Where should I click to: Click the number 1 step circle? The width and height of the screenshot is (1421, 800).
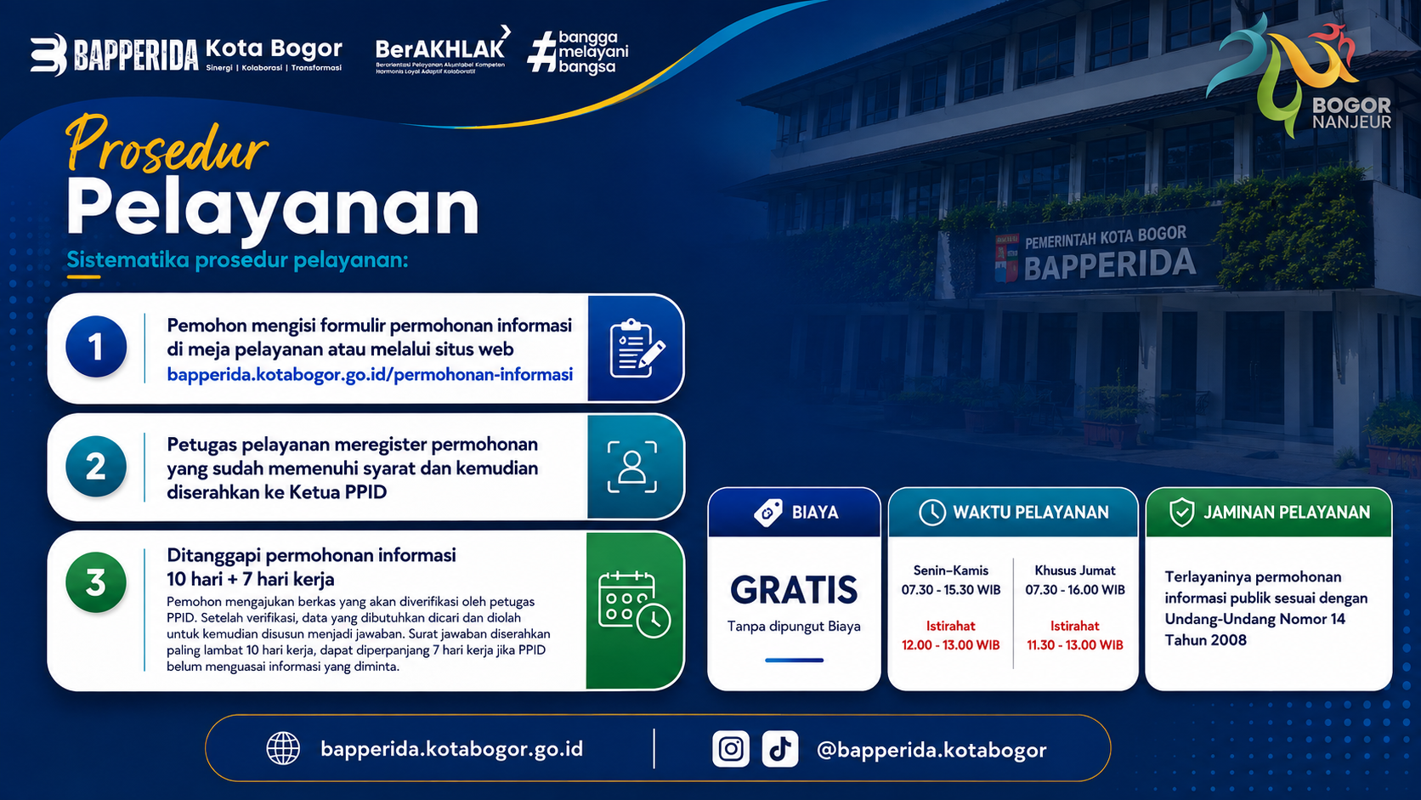click(x=96, y=346)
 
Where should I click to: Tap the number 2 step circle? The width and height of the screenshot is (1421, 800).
click(x=96, y=466)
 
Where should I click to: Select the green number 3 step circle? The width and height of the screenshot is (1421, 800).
click(x=96, y=582)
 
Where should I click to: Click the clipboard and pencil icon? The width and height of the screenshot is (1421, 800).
click(x=637, y=349)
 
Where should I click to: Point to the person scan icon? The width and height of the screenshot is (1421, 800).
click(x=632, y=467)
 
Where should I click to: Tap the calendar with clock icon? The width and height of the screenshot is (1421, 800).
click(x=634, y=604)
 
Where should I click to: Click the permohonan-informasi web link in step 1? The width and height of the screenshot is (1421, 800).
click(x=370, y=375)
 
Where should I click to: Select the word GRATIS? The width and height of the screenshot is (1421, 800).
click(x=794, y=590)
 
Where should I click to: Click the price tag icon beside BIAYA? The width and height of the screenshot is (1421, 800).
click(x=768, y=513)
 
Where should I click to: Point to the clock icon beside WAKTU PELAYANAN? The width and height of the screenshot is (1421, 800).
click(x=932, y=513)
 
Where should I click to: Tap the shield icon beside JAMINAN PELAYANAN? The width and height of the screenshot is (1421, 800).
click(x=1182, y=513)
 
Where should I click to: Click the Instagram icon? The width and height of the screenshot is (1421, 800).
click(x=731, y=749)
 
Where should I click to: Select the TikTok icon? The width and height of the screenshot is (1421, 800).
click(x=780, y=749)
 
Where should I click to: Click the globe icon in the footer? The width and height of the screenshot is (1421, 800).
click(x=283, y=749)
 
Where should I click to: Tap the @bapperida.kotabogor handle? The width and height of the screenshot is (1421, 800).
click(x=931, y=751)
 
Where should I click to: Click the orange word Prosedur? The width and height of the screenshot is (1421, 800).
click(x=167, y=145)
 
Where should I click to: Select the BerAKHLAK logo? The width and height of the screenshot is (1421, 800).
click(x=442, y=51)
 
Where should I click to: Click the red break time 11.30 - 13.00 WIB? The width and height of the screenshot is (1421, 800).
click(x=1074, y=645)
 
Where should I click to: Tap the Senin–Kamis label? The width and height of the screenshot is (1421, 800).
click(x=950, y=570)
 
